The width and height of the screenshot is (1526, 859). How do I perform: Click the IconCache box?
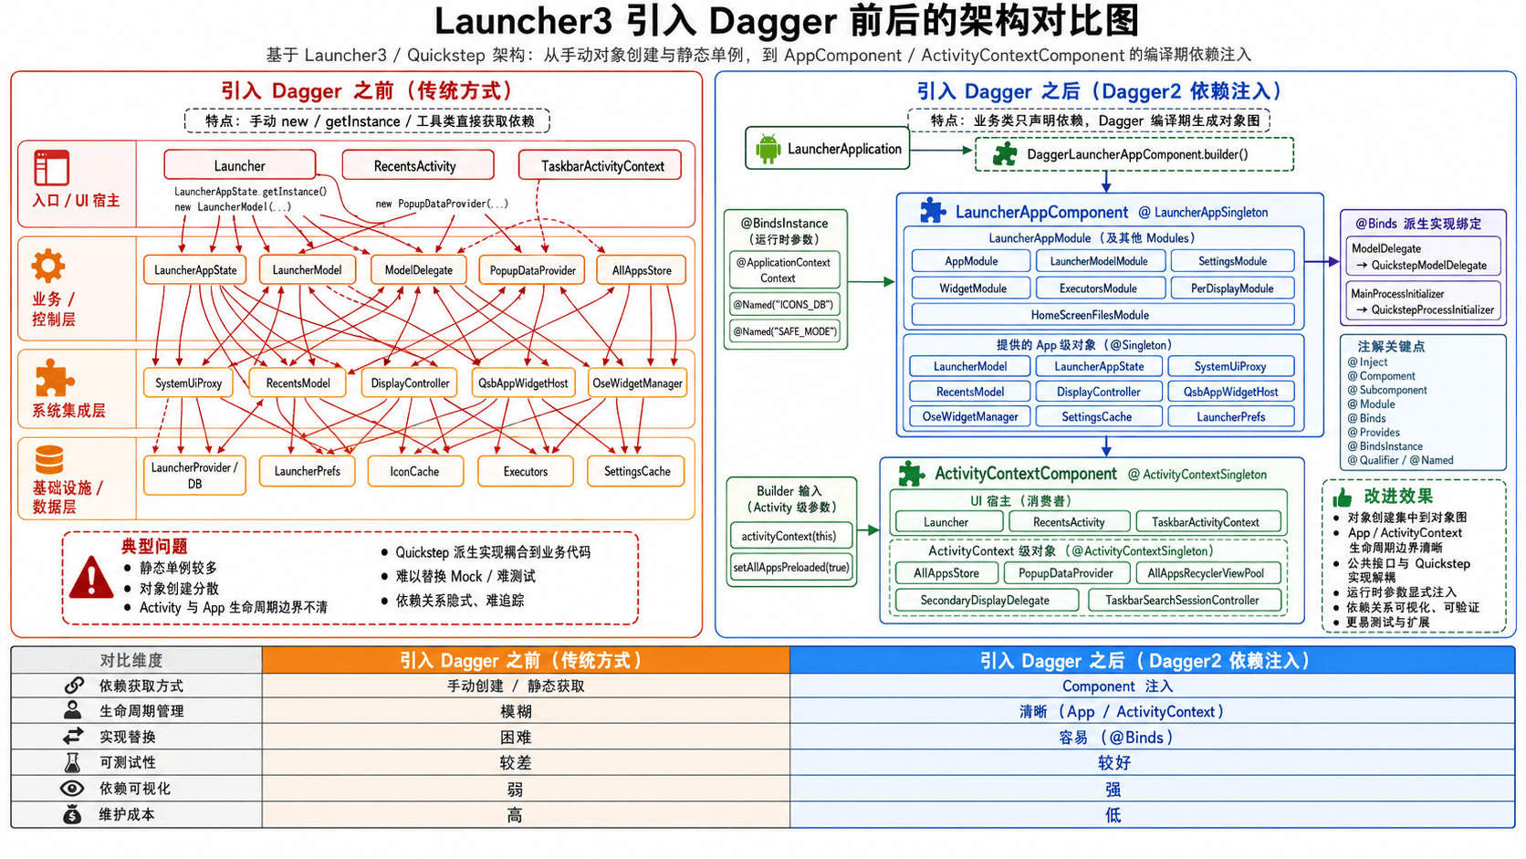[x=415, y=471]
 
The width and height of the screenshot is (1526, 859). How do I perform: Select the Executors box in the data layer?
[x=525, y=471]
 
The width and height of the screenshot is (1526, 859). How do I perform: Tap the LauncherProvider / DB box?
[x=194, y=476]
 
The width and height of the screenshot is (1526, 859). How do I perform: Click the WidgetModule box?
[x=972, y=288]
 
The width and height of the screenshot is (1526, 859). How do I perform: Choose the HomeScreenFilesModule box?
[x=1090, y=315]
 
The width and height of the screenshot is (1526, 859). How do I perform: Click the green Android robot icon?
[x=768, y=149]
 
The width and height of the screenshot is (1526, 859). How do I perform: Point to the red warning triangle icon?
[x=91, y=578]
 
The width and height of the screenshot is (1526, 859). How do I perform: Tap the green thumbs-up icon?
[x=1342, y=498]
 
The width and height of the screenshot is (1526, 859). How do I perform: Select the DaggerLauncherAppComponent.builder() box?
[x=1134, y=154]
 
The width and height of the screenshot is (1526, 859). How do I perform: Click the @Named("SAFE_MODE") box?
[x=785, y=331]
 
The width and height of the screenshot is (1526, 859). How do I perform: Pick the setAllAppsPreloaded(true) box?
[x=791, y=568]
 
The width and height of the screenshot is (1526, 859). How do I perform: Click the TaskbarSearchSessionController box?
[x=1182, y=600]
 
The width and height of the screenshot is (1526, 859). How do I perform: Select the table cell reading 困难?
[x=516, y=737]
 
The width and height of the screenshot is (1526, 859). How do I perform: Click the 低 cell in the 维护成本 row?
[x=1113, y=814]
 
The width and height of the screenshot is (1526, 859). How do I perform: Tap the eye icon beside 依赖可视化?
[x=72, y=788]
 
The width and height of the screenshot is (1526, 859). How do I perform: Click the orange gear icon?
[x=48, y=266]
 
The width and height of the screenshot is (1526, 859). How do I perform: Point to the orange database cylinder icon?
[x=49, y=460]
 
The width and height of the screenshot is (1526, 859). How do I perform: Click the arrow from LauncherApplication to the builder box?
[x=941, y=150]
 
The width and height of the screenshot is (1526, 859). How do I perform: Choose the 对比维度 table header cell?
[x=131, y=660]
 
